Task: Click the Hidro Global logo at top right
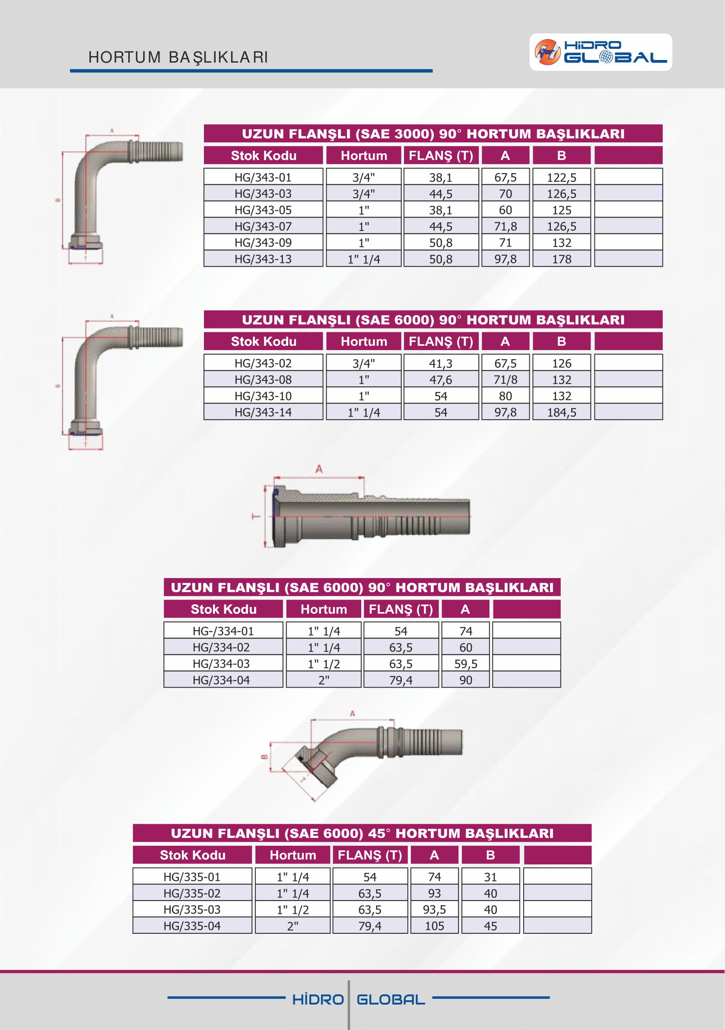[x=600, y=52]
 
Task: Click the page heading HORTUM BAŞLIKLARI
[x=178, y=57]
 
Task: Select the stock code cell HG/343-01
[x=263, y=177]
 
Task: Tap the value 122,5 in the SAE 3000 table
[x=561, y=177]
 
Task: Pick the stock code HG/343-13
[x=263, y=259]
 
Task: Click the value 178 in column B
[x=561, y=259]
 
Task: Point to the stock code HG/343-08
[x=263, y=379]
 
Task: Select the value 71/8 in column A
[x=505, y=379]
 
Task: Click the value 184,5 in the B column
[x=561, y=412]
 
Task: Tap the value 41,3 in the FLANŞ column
[x=440, y=363]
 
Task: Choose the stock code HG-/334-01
[x=223, y=631]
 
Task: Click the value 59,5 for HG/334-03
[x=465, y=663]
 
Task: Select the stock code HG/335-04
[x=192, y=926]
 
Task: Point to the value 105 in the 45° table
[x=434, y=926]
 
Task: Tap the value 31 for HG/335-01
[x=490, y=877]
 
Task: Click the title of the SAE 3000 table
[x=433, y=134]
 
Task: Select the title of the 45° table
[x=362, y=833]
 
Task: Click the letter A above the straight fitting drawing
[x=319, y=469]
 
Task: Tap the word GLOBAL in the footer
[x=391, y=999]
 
